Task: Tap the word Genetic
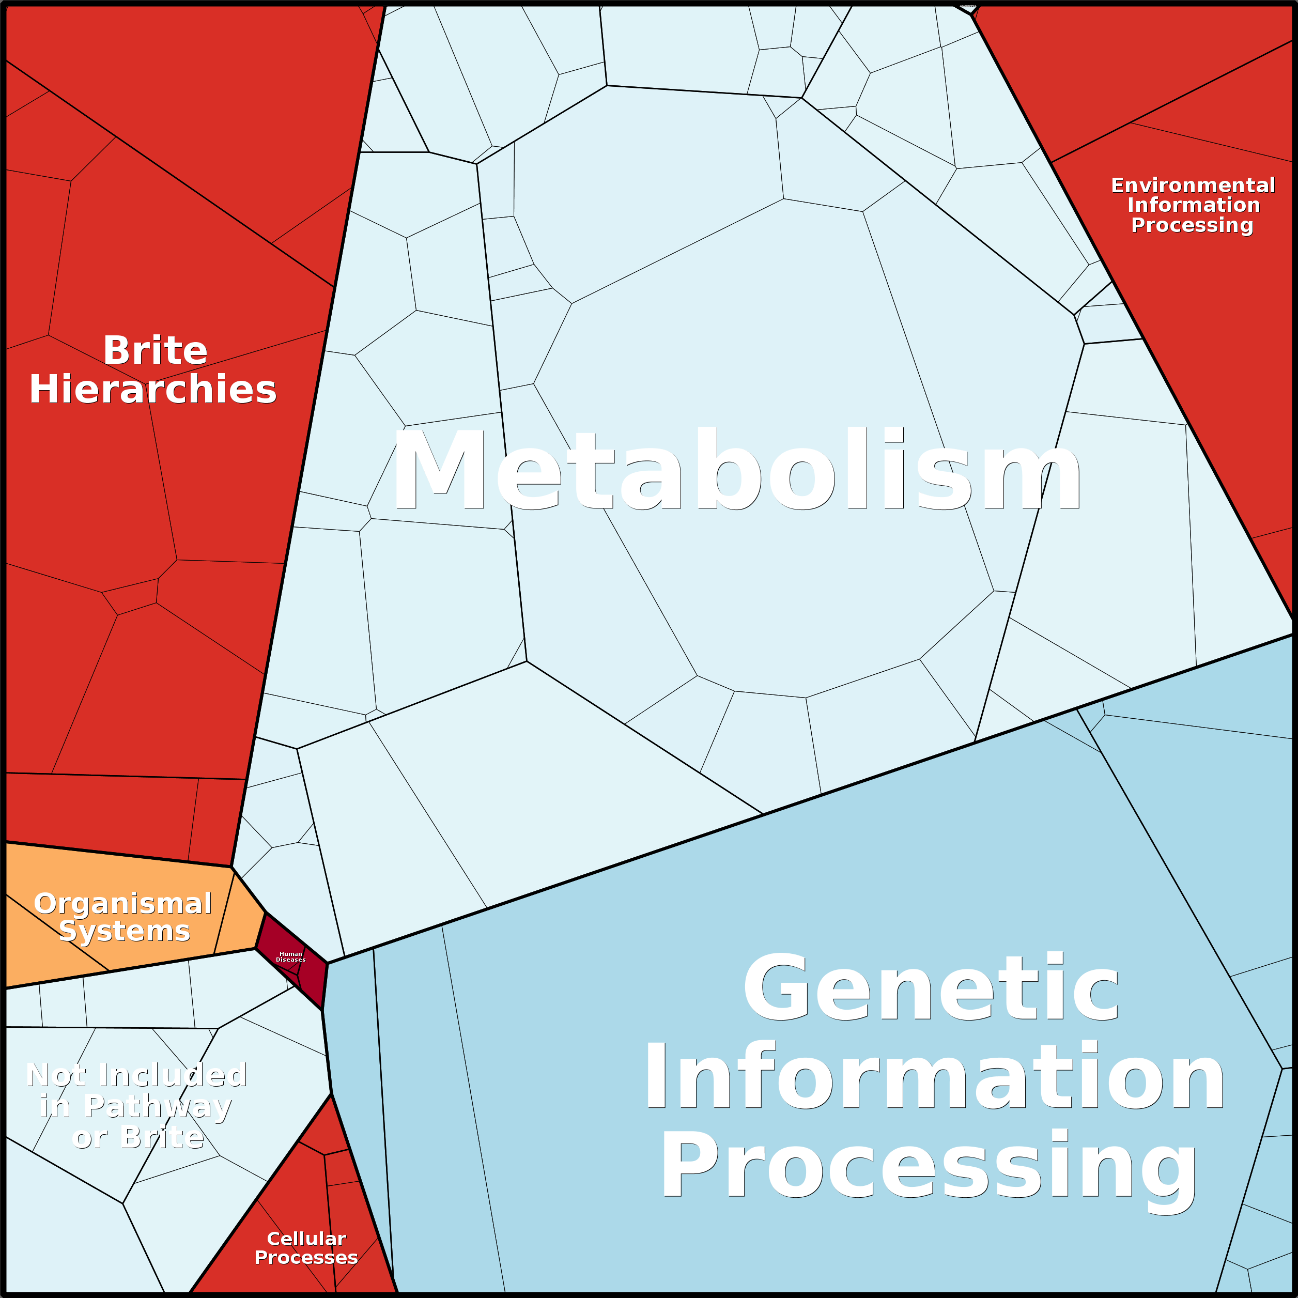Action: pyautogui.click(x=931, y=987)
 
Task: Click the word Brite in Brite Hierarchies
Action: pyautogui.click(x=155, y=350)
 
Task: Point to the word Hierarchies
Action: pyautogui.click(x=153, y=390)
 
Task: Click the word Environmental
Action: pyautogui.click(x=1193, y=185)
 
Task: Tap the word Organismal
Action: pyautogui.click(x=123, y=904)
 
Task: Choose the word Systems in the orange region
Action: pyautogui.click(x=125, y=931)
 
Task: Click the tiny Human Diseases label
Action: pyautogui.click(x=291, y=956)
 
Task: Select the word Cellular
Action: pyautogui.click(x=306, y=1238)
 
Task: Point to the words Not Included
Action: pyautogui.click(x=137, y=1075)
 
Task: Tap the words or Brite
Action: pyautogui.click(x=138, y=1137)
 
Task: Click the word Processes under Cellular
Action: pyautogui.click(x=306, y=1257)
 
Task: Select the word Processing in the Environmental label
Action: pyautogui.click(x=1193, y=225)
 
